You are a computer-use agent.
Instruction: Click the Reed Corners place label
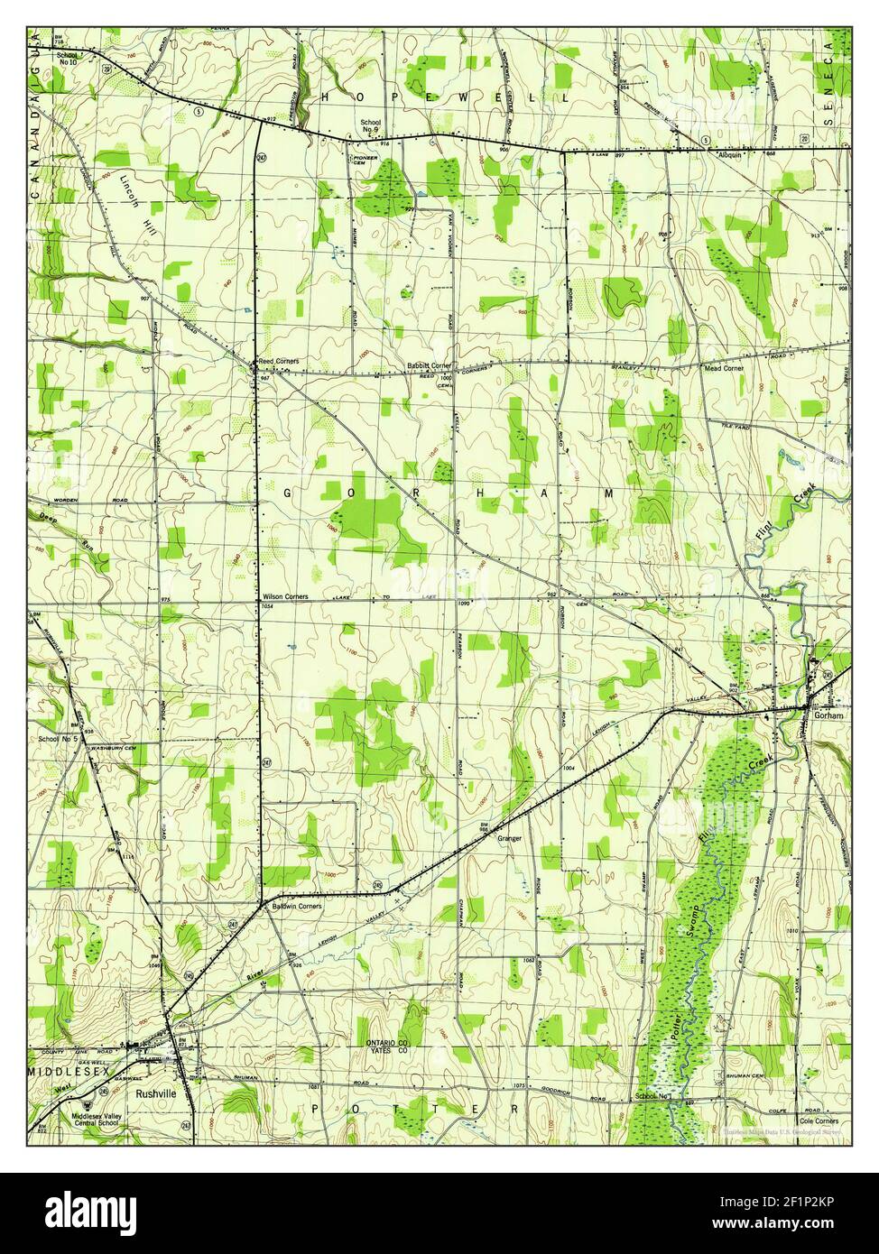point(279,361)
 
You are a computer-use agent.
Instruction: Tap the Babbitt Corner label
point(429,365)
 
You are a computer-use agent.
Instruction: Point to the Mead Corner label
point(724,369)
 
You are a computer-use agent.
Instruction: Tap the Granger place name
point(510,838)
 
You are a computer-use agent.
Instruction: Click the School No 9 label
point(371,126)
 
